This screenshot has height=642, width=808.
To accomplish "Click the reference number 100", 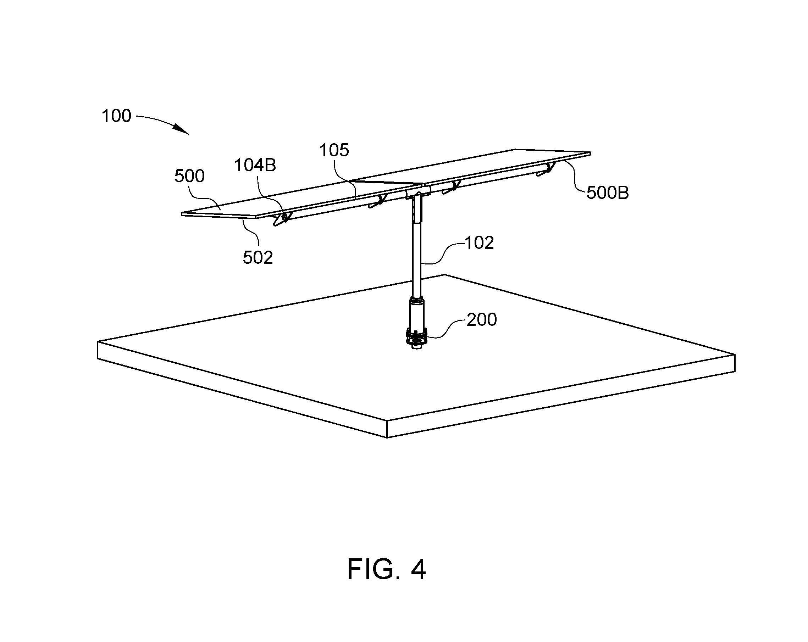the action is click(x=116, y=116).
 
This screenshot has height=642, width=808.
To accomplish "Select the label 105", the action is click(x=334, y=150).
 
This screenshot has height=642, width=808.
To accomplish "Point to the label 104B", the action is click(x=255, y=165).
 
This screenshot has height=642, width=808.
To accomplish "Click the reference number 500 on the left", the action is click(x=189, y=176).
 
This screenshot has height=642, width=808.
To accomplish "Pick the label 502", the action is click(x=258, y=258).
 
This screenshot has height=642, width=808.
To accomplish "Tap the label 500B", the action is click(x=608, y=193).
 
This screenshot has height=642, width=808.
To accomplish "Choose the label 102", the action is click(x=479, y=243).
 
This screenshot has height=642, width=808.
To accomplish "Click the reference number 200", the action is click(x=482, y=319).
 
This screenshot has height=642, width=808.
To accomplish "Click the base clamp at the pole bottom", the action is click(x=417, y=339).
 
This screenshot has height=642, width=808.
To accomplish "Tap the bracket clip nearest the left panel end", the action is click(x=282, y=219).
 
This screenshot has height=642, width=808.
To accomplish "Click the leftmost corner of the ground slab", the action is click(x=98, y=342).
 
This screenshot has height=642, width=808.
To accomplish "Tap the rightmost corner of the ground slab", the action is click(x=735, y=355).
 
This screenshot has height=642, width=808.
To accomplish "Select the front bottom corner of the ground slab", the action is click(x=387, y=437).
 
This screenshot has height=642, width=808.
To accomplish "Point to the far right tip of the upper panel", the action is click(x=591, y=153).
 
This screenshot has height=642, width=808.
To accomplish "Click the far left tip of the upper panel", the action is click(x=182, y=214).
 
